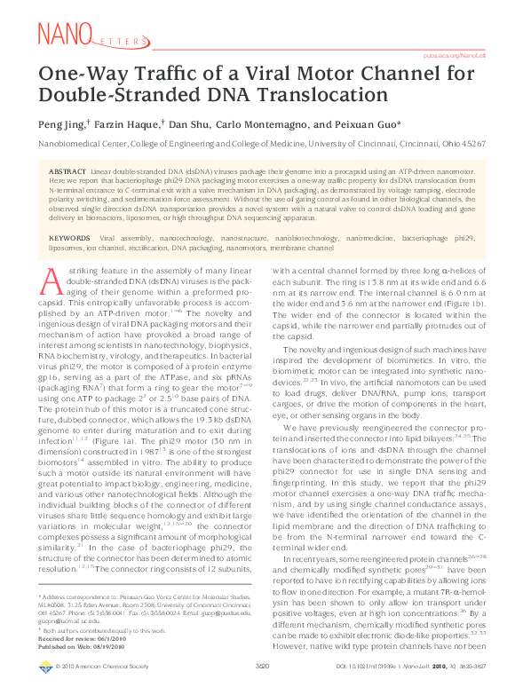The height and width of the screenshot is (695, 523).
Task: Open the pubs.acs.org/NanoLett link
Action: [455, 55]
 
